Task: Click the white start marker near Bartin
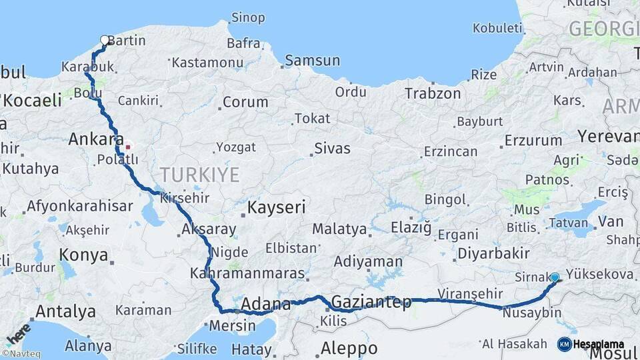pyautogui.click(x=104, y=40)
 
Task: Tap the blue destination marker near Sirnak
pyautogui.click(x=555, y=277)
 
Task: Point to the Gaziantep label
pyautogui.click(x=371, y=302)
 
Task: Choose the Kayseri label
pyautogui.click(x=276, y=207)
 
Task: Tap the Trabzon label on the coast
pyautogui.click(x=433, y=93)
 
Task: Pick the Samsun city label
pyautogui.click(x=312, y=61)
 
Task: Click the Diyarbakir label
pyautogui.click(x=493, y=253)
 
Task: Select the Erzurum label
pyautogui.click(x=533, y=141)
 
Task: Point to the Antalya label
pyautogui.click(x=65, y=311)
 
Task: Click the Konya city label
pyautogui.click(x=83, y=255)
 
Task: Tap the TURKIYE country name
pyautogui.click(x=199, y=175)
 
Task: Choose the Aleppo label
pyautogui.click(x=349, y=348)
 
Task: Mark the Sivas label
pyautogui.click(x=332, y=148)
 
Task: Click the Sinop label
pyautogui.click(x=247, y=17)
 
